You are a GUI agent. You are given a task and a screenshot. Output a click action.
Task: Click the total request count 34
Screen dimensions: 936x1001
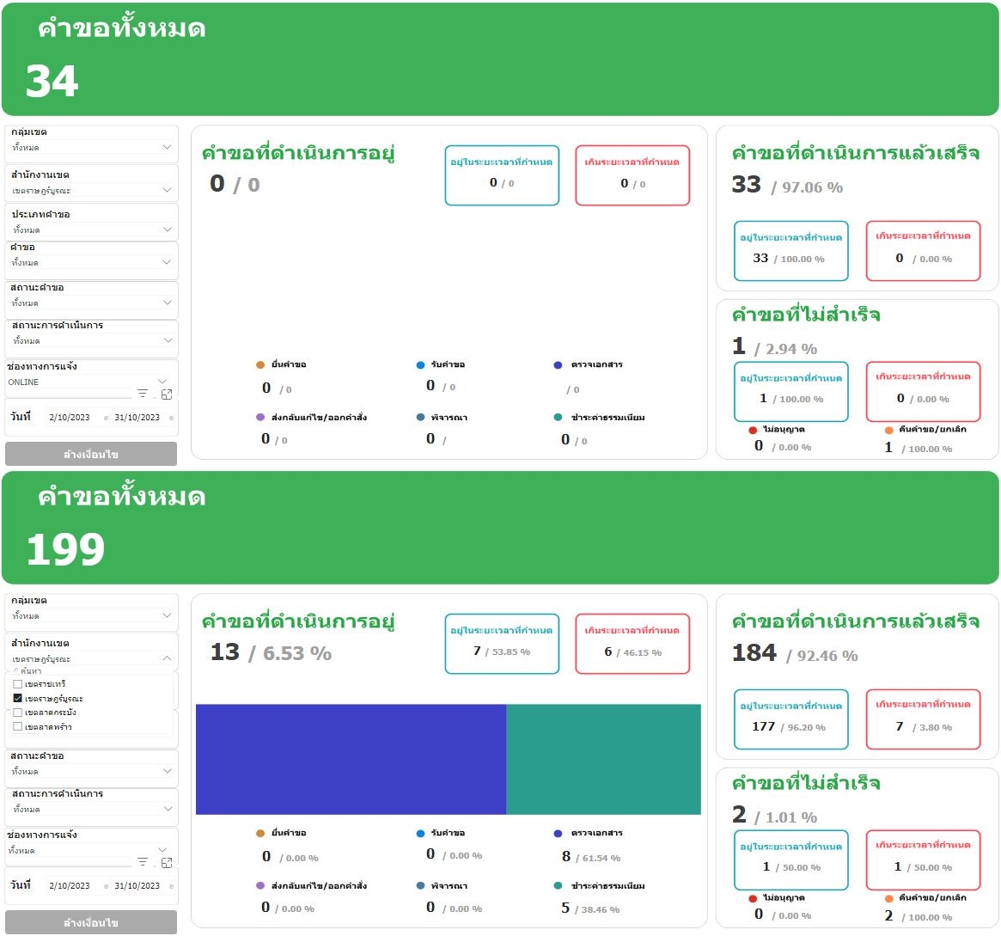[x=52, y=83]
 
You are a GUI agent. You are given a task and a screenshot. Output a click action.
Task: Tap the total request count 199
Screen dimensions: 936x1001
[x=65, y=550]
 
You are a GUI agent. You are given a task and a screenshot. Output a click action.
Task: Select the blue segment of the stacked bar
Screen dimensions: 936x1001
[x=351, y=759]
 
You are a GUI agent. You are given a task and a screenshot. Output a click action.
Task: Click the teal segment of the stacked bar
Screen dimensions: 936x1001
[x=603, y=759]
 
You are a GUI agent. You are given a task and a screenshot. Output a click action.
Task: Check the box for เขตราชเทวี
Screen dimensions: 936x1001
[x=18, y=684]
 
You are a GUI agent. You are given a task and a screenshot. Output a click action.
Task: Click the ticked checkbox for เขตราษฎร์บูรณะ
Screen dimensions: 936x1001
[x=18, y=699]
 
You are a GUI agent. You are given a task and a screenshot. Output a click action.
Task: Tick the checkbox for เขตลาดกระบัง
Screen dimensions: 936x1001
[x=18, y=713]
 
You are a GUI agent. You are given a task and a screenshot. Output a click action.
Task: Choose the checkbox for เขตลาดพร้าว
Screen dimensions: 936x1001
[x=18, y=727]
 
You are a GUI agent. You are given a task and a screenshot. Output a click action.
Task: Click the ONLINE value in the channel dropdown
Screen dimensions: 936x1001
[x=23, y=382]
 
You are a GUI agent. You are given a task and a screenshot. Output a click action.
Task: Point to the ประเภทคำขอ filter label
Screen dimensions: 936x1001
[x=40, y=214]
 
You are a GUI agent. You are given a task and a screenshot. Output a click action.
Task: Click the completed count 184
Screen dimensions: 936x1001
[x=754, y=653]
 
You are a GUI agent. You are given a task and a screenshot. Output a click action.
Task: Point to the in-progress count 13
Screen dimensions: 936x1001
[x=225, y=652]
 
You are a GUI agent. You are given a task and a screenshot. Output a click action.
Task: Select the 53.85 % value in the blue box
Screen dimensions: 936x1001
[x=511, y=652]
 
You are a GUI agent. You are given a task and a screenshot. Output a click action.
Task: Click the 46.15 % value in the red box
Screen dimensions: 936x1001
[x=643, y=653]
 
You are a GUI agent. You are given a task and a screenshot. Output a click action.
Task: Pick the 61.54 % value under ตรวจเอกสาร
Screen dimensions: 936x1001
[x=601, y=859]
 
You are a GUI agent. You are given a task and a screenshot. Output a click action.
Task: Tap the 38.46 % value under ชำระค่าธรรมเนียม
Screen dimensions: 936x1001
[x=601, y=909]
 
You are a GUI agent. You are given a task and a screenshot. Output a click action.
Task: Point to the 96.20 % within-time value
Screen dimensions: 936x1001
[x=806, y=728]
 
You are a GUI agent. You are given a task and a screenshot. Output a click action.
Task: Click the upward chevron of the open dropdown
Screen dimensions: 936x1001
[x=167, y=658]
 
